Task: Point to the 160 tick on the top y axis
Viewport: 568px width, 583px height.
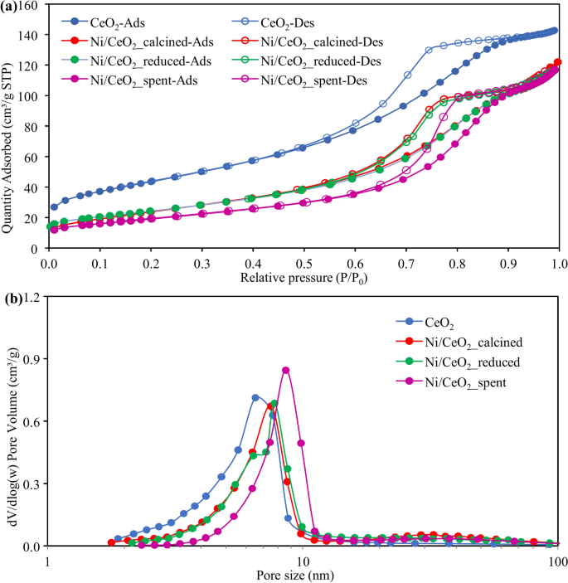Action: click(30, 5)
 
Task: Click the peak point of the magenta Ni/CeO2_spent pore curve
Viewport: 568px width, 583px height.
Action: click(285, 370)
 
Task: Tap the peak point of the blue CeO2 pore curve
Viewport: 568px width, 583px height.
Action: click(255, 397)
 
